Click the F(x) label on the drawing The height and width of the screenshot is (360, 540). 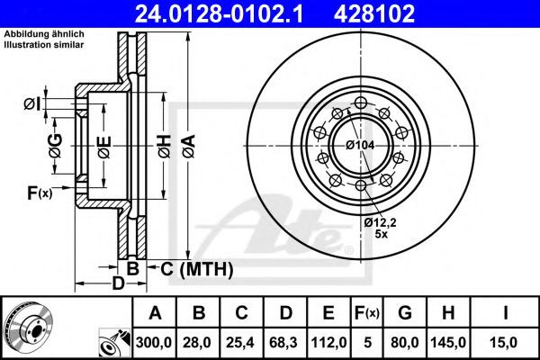[40, 192]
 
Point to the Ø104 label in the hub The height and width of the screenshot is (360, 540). [360, 145]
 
